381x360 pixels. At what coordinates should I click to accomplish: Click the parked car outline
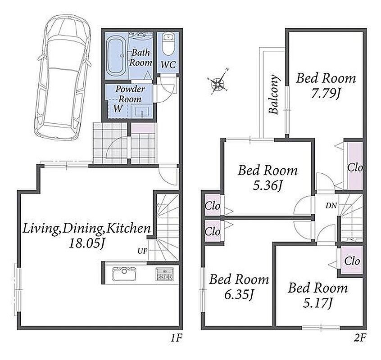pyautogui.click(x=63, y=78)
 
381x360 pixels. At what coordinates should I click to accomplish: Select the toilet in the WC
pyautogui.click(x=168, y=45)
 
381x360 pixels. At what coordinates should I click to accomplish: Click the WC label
pyautogui.click(x=168, y=65)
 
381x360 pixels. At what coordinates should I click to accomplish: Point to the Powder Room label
pyautogui.click(x=130, y=94)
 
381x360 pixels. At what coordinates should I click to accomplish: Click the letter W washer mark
pyautogui.click(x=118, y=108)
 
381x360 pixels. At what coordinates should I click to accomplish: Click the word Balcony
pyautogui.click(x=274, y=94)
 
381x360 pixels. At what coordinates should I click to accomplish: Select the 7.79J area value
pyautogui.click(x=325, y=94)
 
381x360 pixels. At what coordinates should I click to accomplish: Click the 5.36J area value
pyautogui.click(x=267, y=186)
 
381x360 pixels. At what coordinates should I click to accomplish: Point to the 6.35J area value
pyautogui.click(x=239, y=295)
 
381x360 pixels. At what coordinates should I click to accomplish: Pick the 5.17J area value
pyautogui.click(x=317, y=303)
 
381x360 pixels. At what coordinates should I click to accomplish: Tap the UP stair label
pyautogui.click(x=143, y=251)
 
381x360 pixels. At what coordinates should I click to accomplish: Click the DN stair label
pyautogui.click(x=331, y=206)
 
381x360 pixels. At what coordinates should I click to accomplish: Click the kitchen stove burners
pyautogui.click(x=165, y=274)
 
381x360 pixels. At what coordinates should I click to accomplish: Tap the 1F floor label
pyautogui.click(x=176, y=338)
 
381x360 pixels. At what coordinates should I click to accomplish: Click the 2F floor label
pyautogui.click(x=360, y=338)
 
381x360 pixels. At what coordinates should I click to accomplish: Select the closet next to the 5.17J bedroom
pyautogui.click(x=352, y=261)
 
